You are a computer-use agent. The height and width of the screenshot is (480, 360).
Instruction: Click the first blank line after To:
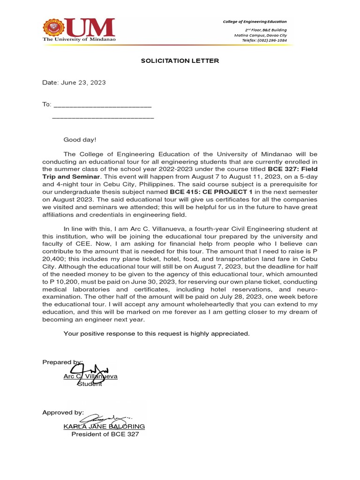coord(103,105)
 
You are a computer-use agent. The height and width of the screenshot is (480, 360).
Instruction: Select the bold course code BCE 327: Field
coord(292,169)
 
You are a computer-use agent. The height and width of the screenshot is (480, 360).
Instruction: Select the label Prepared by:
coord(62,362)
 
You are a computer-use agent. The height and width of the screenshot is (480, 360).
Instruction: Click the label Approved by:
coord(63,412)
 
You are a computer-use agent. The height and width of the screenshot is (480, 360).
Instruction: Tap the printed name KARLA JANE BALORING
coord(104,427)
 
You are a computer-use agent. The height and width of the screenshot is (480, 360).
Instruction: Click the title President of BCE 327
coord(105,434)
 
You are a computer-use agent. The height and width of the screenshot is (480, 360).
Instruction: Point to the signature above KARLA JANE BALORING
coord(104,417)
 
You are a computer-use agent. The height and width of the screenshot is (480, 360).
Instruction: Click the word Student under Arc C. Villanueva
coord(90,384)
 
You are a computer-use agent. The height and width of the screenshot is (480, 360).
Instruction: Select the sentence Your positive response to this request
coord(157,333)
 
